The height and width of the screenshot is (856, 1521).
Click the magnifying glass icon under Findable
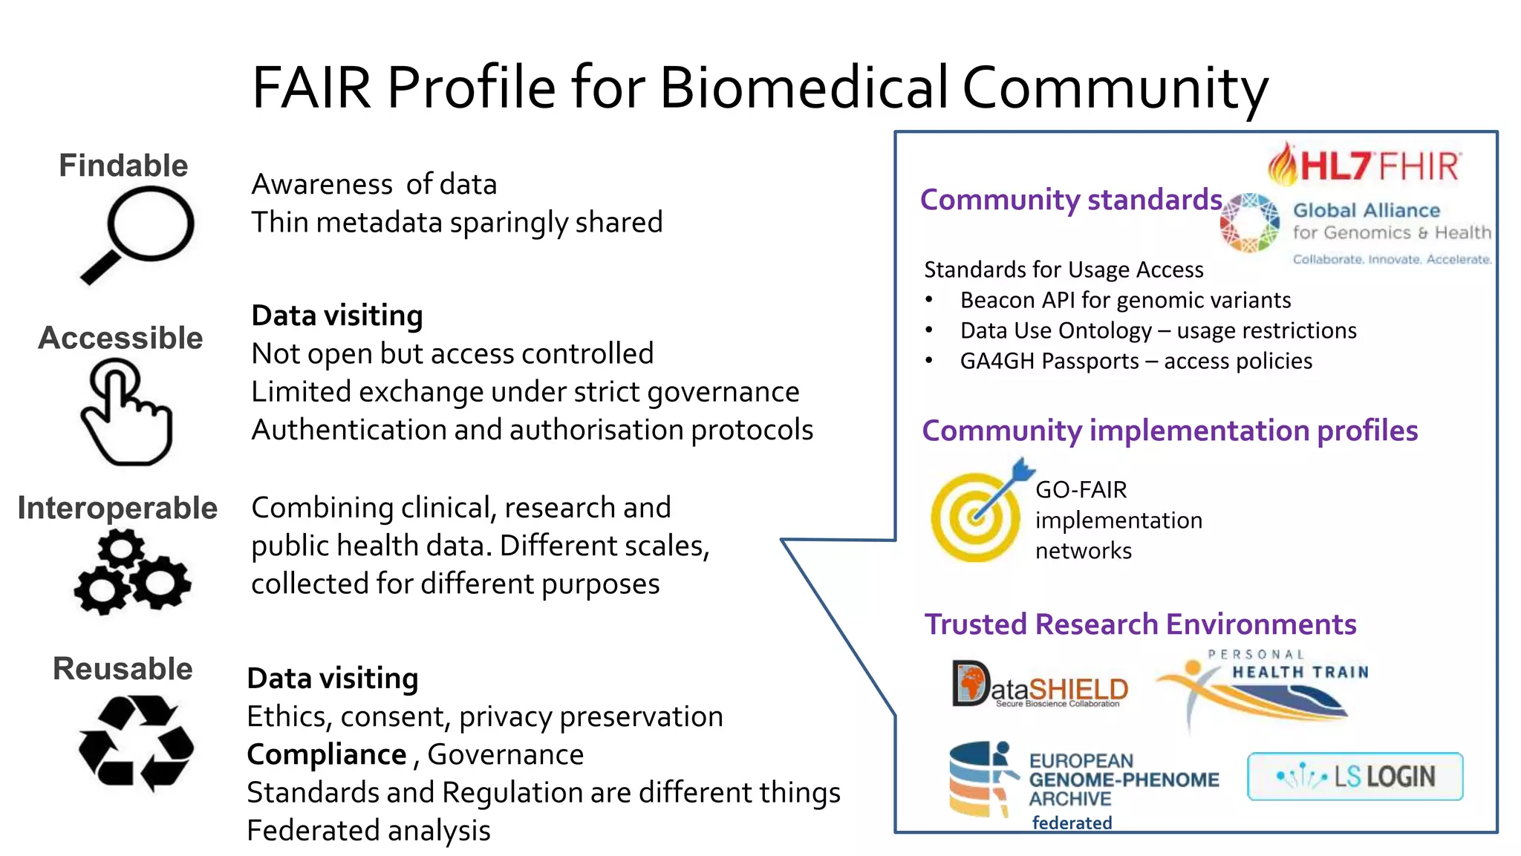pos(140,232)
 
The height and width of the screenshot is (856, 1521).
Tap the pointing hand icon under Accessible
pos(126,413)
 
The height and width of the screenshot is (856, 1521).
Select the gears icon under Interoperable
pos(131,572)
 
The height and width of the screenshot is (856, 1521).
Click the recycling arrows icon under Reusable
pos(135,742)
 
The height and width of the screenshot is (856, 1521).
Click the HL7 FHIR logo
pos(1365,164)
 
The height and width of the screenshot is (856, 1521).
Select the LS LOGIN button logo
pos(1355,777)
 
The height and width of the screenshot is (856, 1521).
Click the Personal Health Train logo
pos(1263,687)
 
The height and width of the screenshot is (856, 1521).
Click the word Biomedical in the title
pos(804,88)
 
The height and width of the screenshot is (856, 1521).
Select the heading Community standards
pos(1070,200)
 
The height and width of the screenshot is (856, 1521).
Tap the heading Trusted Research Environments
pos(1140,624)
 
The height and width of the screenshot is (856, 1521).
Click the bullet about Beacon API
pos(1124,300)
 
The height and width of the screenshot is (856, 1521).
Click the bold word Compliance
pos(327,754)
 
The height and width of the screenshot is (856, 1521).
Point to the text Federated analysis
pos(368,830)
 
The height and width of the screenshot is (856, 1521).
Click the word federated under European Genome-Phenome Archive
pos(1072,823)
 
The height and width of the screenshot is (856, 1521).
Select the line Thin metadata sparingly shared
pos(457,222)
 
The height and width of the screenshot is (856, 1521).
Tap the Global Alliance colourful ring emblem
pos(1250,223)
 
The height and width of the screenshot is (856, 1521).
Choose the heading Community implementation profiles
pos(1169,431)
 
